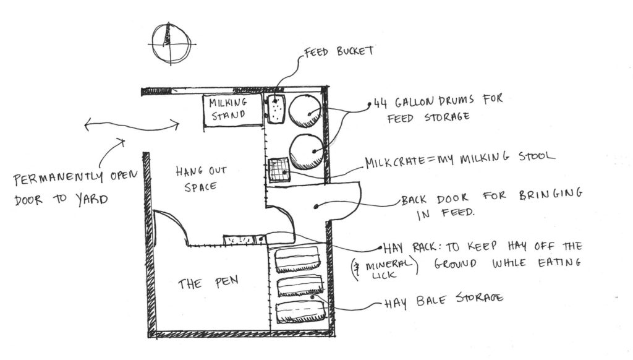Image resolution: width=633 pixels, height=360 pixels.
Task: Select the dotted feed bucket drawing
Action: [276, 109]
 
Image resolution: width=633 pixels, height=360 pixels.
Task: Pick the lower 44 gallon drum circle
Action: [307, 150]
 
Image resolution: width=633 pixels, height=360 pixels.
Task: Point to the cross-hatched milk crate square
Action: [279, 169]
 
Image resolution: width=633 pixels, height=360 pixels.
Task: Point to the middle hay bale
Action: [300, 285]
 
